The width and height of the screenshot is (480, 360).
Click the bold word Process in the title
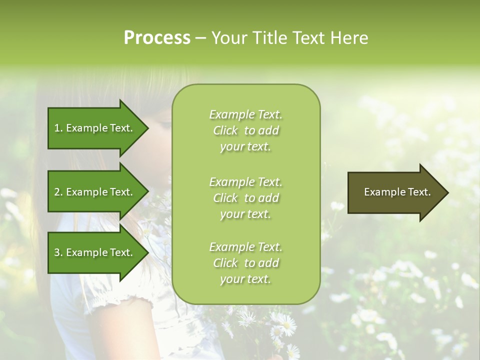tap(157, 38)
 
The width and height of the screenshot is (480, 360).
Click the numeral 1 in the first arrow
tap(56, 128)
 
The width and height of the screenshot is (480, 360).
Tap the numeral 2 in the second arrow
tap(56, 192)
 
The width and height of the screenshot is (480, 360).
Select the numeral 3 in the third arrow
tap(56, 252)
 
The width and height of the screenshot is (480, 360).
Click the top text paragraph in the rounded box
tap(245, 130)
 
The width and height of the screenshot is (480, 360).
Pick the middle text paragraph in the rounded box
tap(245, 197)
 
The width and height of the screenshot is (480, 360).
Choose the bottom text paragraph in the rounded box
tap(245, 263)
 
